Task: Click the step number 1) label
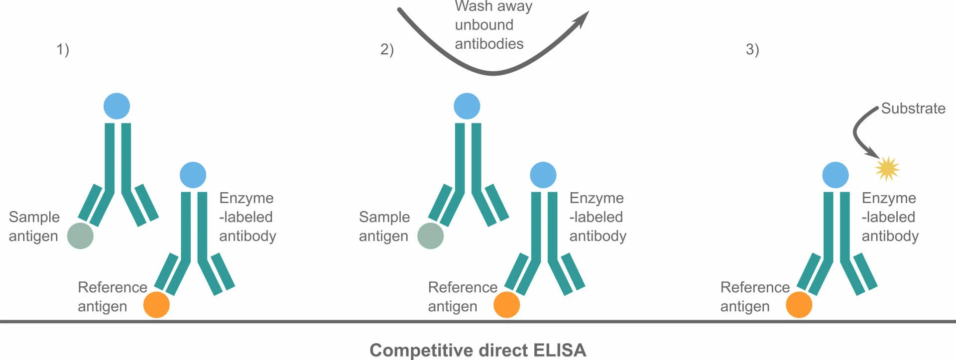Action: click(63, 50)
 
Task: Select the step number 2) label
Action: click(387, 50)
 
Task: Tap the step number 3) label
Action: click(752, 50)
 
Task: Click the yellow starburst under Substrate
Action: click(887, 168)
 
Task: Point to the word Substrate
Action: click(913, 109)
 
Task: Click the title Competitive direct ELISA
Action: click(478, 350)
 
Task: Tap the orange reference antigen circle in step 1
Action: click(156, 305)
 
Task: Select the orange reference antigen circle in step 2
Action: click(506, 305)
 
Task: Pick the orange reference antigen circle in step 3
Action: click(799, 305)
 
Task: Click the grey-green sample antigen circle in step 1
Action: click(80, 236)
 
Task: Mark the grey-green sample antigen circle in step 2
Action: click(430, 236)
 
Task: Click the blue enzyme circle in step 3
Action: click(835, 175)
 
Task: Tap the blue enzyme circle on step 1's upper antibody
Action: click(117, 106)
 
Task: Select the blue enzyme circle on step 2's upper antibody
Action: click(467, 106)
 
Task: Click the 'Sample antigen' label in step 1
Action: click(34, 226)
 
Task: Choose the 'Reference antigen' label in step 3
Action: click(754, 297)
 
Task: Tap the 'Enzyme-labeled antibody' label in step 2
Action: click(597, 217)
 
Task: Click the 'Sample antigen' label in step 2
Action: click(384, 226)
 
